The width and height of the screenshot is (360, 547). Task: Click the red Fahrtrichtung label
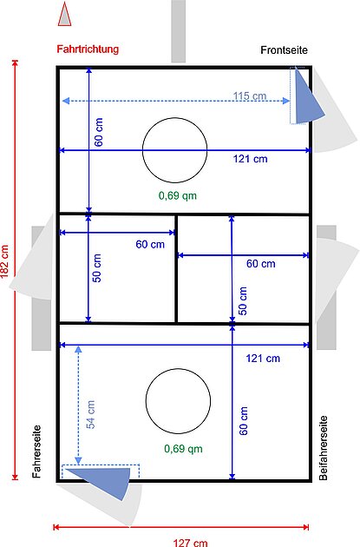click(88, 49)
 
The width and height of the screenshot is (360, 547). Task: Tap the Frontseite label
click(284, 49)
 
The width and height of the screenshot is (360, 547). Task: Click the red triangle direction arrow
click(64, 14)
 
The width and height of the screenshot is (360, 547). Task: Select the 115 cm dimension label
click(250, 96)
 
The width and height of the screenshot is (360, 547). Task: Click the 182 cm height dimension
click(5, 261)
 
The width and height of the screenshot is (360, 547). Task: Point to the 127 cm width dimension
click(190, 543)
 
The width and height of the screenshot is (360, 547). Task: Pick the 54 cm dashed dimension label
click(90, 414)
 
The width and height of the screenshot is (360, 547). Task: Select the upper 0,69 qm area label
click(178, 195)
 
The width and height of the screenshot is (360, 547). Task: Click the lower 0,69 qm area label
click(183, 449)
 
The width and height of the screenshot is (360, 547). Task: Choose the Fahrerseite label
click(36, 451)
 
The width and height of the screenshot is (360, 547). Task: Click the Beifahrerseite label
click(324, 448)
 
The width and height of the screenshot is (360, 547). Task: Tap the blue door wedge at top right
click(307, 100)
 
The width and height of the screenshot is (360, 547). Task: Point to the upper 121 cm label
click(250, 159)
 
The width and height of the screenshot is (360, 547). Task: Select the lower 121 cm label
click(263, 359)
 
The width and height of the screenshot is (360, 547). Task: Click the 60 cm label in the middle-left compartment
click(150, 244)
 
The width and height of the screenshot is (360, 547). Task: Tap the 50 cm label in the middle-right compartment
click(243, 300)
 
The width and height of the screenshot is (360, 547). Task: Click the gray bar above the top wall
click(178, 31)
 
